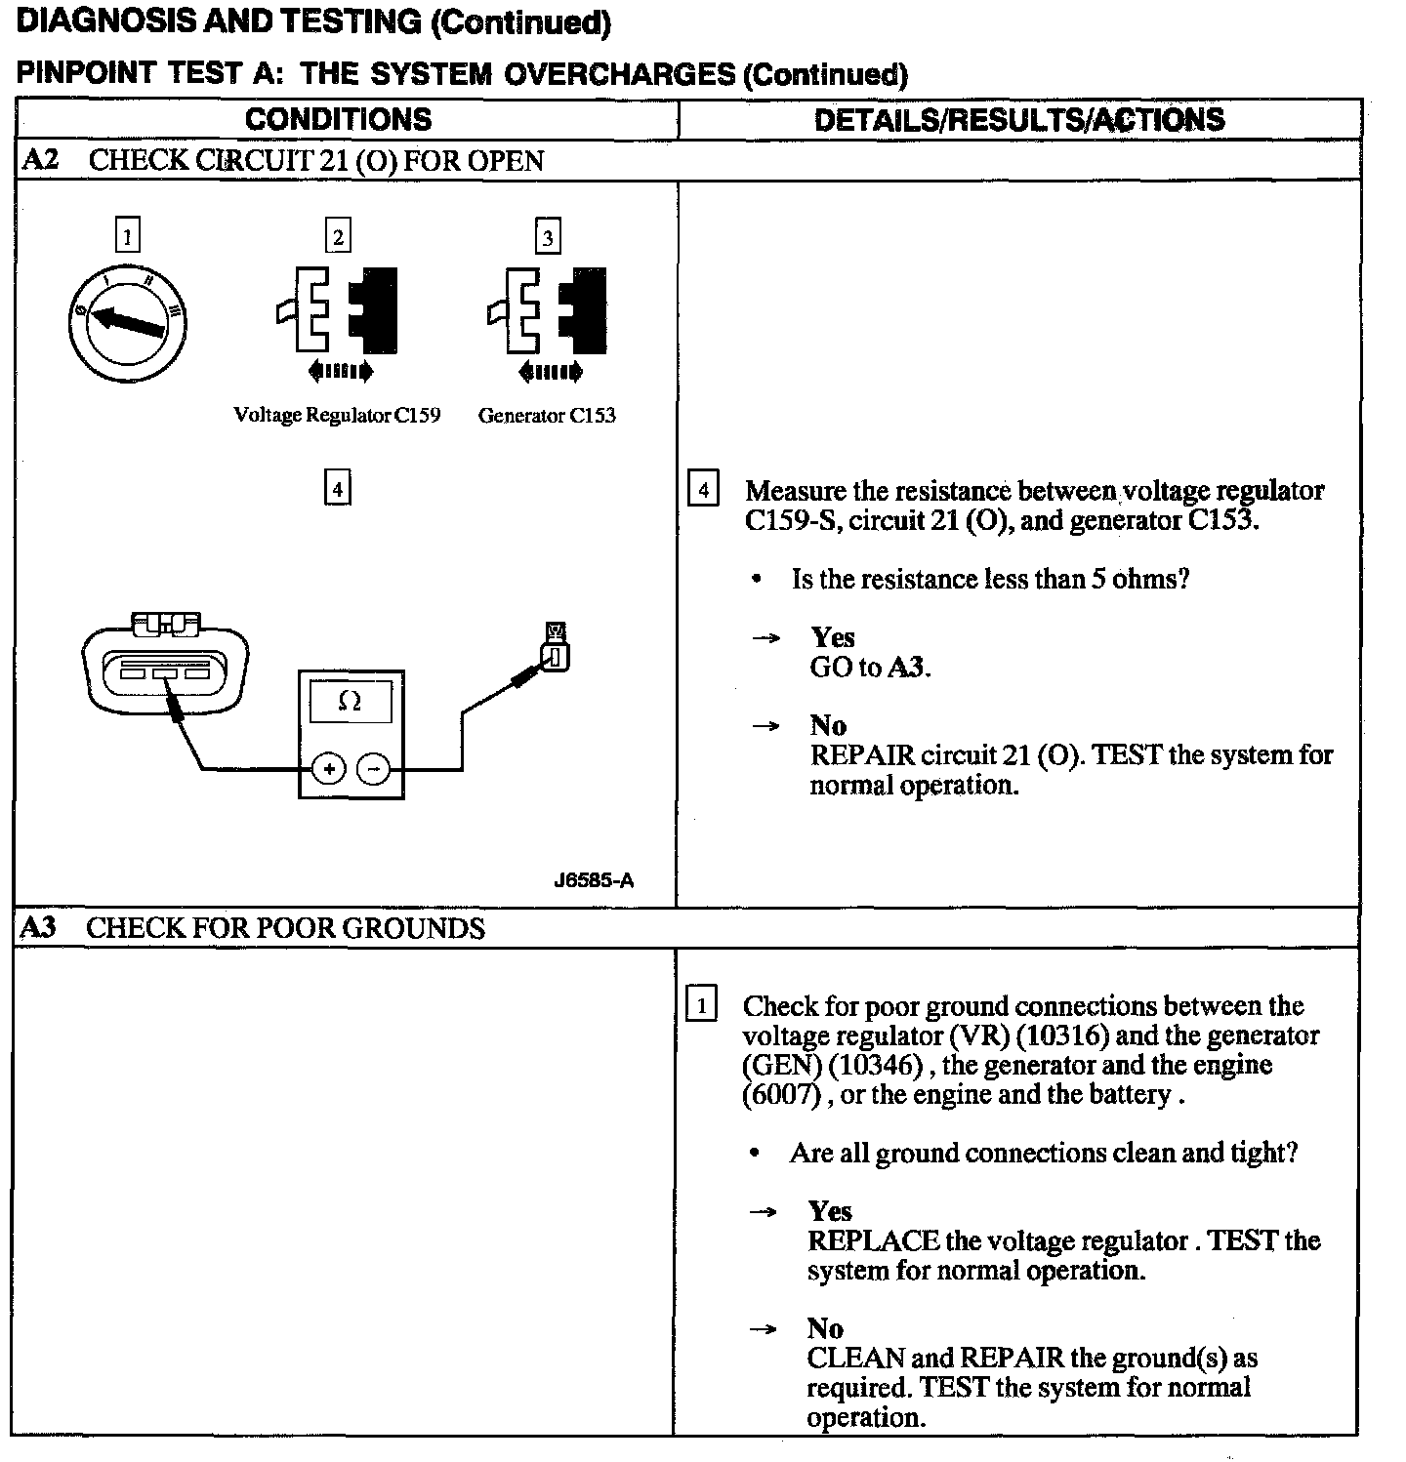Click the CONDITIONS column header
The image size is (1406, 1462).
pyautogui.click(x=338, y=119)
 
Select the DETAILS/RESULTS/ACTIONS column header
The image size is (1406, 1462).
pyautogui.click(x=1018, y=119)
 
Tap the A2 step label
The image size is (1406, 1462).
pyautogui.click(x=39, y=160)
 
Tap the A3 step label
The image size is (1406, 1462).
pyautogui.click(x=38, y=927)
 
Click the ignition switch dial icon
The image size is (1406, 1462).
pyautogui.click(x=128, y=323)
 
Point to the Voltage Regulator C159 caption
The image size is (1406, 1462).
pyautogui.click(x=337, y=416)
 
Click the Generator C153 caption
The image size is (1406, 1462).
pyautogui.click(x=547, y=416)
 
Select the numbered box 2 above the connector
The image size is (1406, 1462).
pyautogui.click(x=338, y=237)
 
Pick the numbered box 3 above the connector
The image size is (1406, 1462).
pyautogui.click(x=548, y=237)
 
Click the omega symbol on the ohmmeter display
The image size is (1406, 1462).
pyautogui.click(x=349, y=701)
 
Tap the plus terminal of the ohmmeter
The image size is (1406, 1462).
pyautogui.click(x=329, y=770)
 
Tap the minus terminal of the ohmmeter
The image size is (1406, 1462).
pyautogui.click(x=373, y=770)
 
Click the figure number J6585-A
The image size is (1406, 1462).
pyautogui.click(x=594, y=880)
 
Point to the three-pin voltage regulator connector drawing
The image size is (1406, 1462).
pyautogui.click(x=165, y=663)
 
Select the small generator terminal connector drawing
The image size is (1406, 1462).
pyautogui.click(x=557, y=648)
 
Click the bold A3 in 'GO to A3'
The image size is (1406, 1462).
pyautogui.click(x=907, y=668)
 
